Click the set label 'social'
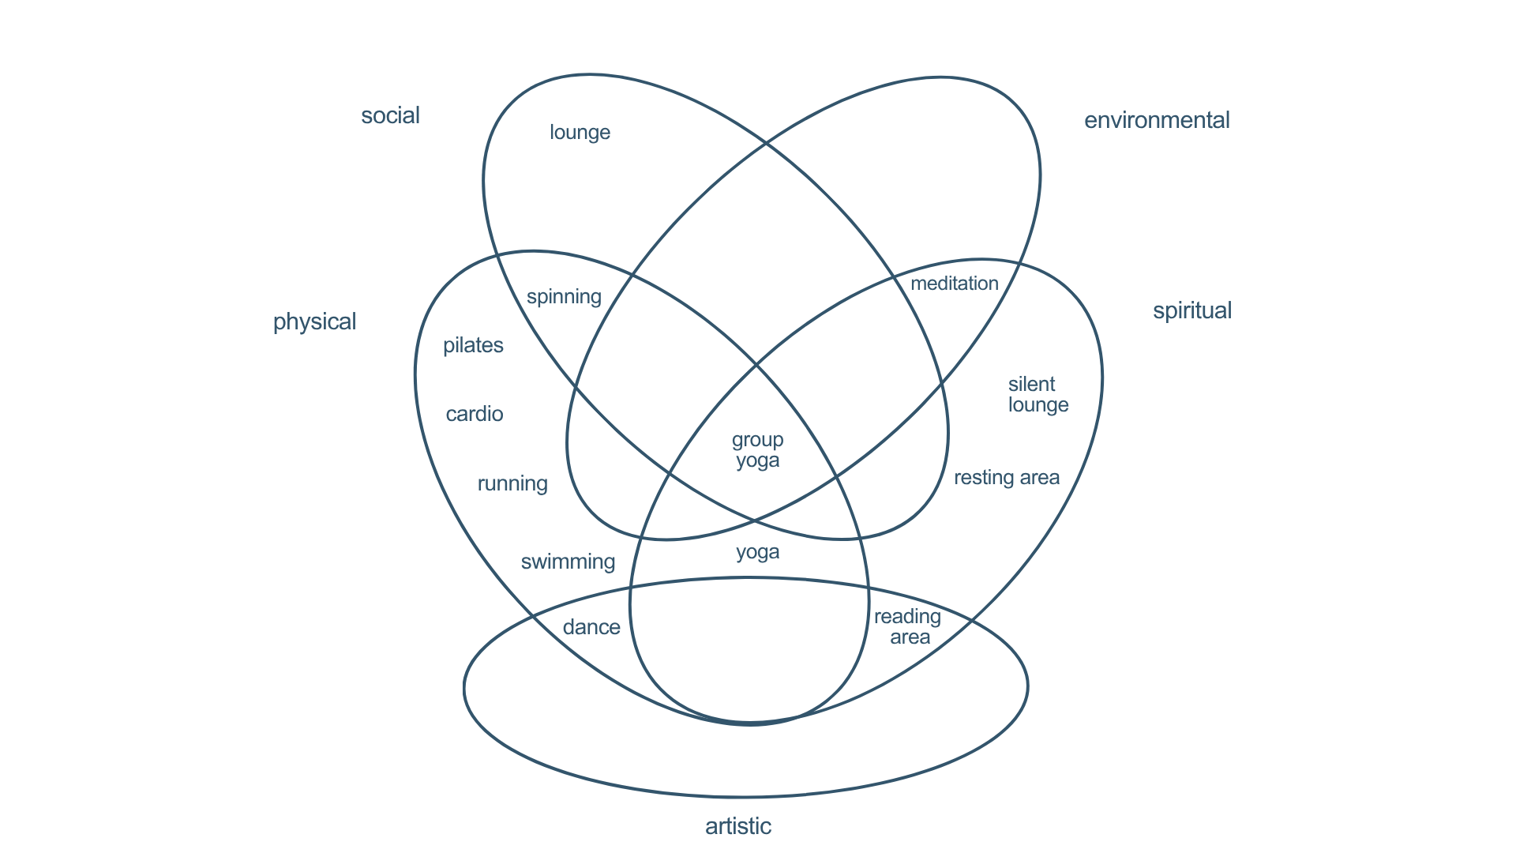390,115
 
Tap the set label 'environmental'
1156,120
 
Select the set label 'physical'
314,321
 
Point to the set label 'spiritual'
1191,310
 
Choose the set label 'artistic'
737,826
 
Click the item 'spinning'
564,297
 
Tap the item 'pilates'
473,345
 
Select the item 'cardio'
474,414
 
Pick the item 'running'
512,483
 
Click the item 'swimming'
568,562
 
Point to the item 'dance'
591,627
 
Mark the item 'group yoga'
757,450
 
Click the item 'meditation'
954,284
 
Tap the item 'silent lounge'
1038,395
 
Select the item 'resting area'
1006,478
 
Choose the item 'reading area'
908,627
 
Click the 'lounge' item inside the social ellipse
580,132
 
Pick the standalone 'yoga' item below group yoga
757,552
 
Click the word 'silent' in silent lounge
1031,385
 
